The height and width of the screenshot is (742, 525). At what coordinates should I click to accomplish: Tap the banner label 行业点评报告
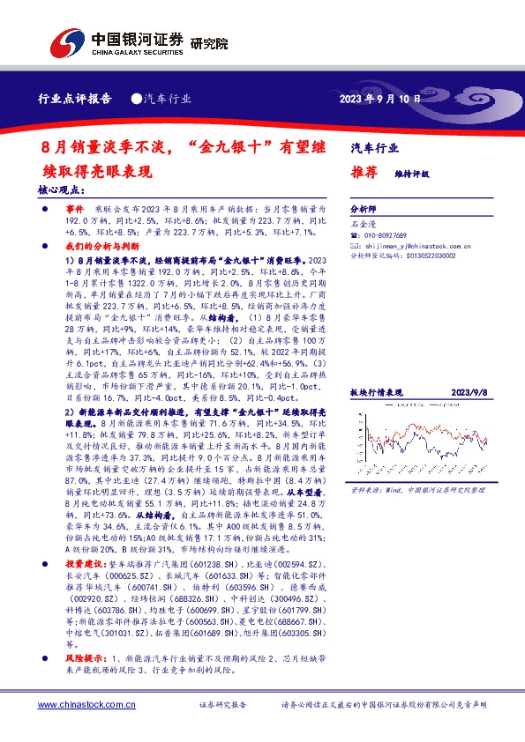click(x=75, y=99)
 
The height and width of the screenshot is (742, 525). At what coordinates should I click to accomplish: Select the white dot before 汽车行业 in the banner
click(x=136, y=99)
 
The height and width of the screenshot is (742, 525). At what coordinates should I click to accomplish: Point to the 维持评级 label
click(x=411, y=174)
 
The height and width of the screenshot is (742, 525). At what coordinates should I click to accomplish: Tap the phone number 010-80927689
click(x=387, y=236)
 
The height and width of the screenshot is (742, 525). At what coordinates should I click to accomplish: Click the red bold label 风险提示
click(x=84, y=658)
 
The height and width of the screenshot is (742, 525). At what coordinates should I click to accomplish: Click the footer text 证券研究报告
click(x=223, y=705)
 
